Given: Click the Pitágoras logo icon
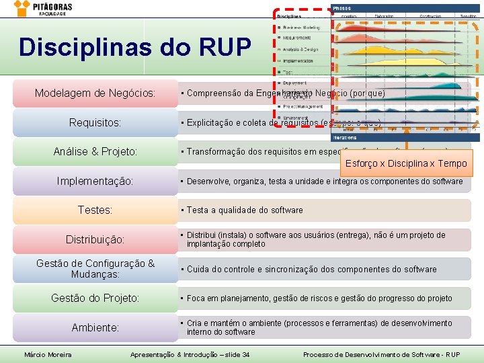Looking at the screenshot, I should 22,7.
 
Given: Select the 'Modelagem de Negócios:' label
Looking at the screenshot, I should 95,93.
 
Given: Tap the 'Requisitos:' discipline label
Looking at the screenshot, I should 95,123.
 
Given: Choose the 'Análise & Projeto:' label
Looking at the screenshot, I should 95,152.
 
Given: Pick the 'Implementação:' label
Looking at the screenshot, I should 95,182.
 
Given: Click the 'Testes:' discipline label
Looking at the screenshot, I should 95,210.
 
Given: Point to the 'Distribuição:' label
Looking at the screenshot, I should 95,239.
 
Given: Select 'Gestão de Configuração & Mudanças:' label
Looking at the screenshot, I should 95,269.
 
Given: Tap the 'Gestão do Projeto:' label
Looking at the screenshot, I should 95,298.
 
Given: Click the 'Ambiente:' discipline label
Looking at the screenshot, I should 95,327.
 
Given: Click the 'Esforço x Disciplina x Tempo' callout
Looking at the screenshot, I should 405,163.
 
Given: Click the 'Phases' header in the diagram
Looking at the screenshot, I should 343,8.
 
